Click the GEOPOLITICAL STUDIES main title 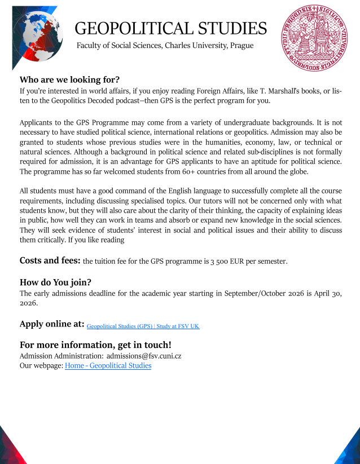170,28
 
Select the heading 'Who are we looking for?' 69,79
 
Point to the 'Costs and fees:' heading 50,260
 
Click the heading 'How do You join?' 55,282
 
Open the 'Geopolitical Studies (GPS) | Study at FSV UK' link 143,326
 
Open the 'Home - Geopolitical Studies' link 108,365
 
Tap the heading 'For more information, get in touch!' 95,344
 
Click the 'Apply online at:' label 52,324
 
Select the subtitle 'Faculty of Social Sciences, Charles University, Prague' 165,45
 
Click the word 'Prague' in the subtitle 242,45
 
